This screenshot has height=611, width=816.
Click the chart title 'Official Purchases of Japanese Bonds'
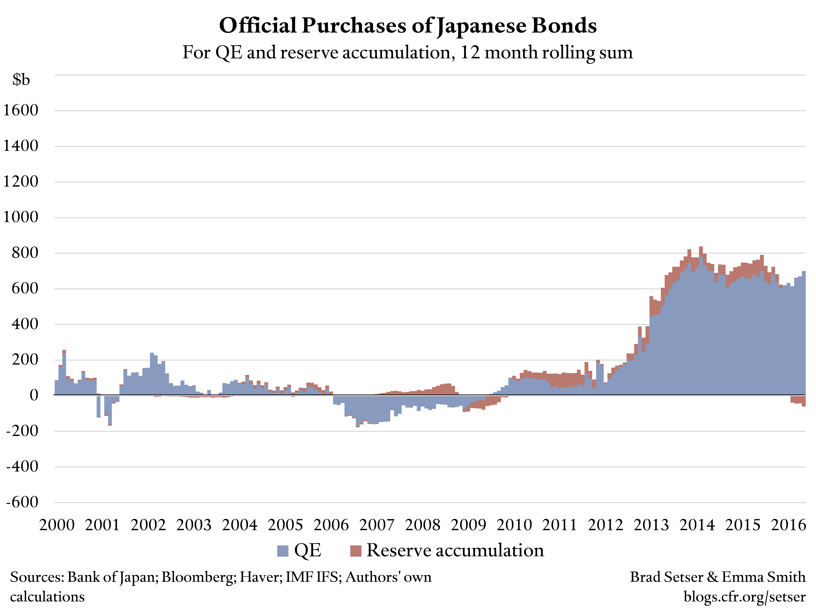click(x=408, y=26)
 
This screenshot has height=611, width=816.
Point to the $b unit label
click(x=21, y=80)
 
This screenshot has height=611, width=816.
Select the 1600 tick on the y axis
click(x=21, y=110)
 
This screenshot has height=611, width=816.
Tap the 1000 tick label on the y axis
click(x=21, y=217)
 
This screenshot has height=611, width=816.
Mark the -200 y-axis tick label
click(x=22, y=431)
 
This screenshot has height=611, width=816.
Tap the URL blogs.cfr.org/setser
click(x=744, y=597)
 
